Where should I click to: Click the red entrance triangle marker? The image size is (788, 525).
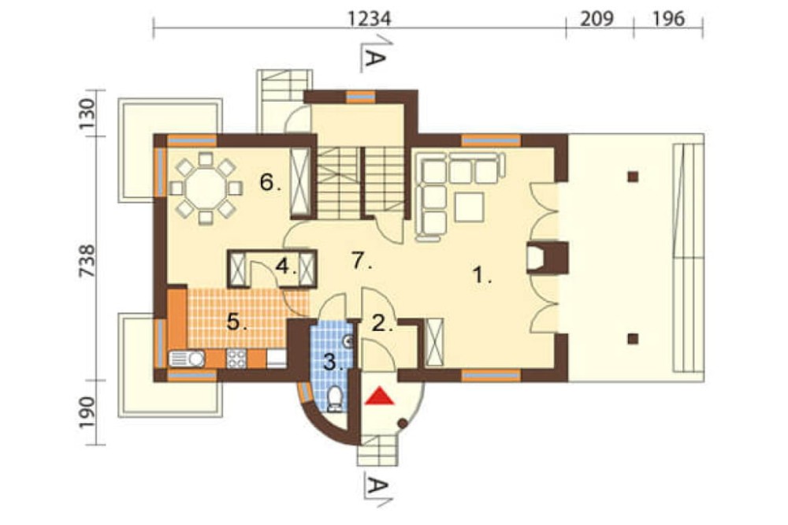[x=380, y=397]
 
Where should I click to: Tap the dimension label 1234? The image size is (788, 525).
[x=369, y=19]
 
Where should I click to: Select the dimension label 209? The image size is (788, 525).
[x=597, y=19]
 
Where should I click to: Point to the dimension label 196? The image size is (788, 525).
[x=669, y=19]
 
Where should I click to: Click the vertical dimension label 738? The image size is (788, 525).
[x=87, y=260]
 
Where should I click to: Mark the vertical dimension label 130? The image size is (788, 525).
[x=87, y=114]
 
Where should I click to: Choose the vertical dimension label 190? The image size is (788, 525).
[x=87, y=412]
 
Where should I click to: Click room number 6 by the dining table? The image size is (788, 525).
[x=269, y=182]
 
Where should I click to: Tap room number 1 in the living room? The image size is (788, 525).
[x=482, y=275]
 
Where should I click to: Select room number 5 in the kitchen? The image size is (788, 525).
[x=236, y=322]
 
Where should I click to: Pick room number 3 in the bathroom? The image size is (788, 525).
[x=333, y=362]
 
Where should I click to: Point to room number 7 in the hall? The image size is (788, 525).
[x=361, y=260]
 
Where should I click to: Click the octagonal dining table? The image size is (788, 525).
[x=206, y=188]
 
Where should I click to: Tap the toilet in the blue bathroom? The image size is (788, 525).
[x=334, y=399]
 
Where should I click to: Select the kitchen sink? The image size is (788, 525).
[x=187, y=359]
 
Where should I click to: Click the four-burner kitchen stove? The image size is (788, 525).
[x=236, y=359]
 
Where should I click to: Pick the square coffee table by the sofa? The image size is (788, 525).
[x=469, y=207]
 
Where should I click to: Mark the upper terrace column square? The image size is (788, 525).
[x=634, y=177]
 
